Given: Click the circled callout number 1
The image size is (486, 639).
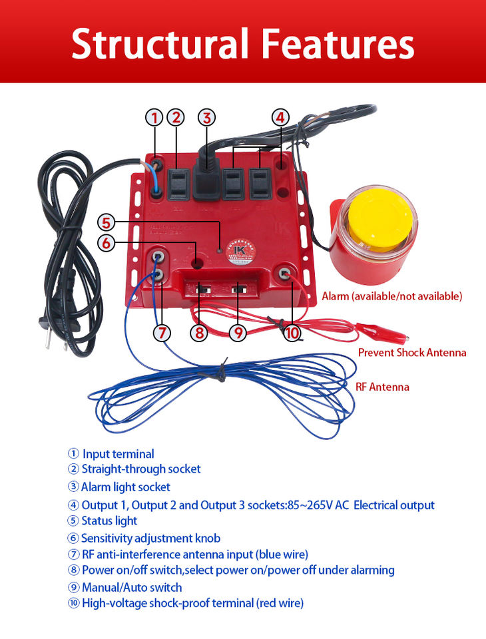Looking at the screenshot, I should (x=154, y=118).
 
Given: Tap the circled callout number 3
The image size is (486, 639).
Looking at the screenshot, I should (x=207, y=118).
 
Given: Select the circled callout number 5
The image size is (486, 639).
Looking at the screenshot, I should (x=107, y=222).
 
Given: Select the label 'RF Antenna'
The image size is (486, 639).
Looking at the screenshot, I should (x=382, y=387).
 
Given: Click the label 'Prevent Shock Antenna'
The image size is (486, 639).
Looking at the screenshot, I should (x=411, y=352).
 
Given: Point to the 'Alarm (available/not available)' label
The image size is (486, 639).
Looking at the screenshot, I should (x=391, y=296).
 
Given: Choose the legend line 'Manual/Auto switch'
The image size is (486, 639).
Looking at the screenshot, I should (x=131, y=587).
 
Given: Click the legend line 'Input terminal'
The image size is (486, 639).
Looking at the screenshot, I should (x=118, y=454).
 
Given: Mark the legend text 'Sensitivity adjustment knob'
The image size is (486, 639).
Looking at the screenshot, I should (x=150, y=538).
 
